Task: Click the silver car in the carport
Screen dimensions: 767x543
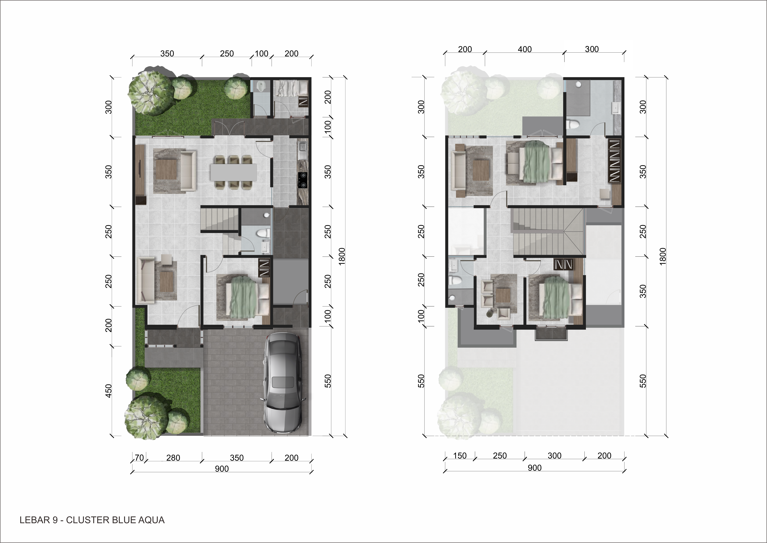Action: pyautogui.click(x=283, y=383)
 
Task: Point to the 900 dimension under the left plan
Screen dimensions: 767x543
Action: pyautogui.click(x=222, y=469)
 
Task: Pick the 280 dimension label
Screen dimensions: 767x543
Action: pyautogui.click(x=173, y=458)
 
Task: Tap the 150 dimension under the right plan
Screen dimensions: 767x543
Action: pyautogui.click(x=460, y=456)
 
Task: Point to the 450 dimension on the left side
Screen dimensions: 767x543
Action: pyautogui.click(x=109, y=391)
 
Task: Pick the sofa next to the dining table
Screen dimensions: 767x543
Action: pyautogui.click(x=188, y=171)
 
